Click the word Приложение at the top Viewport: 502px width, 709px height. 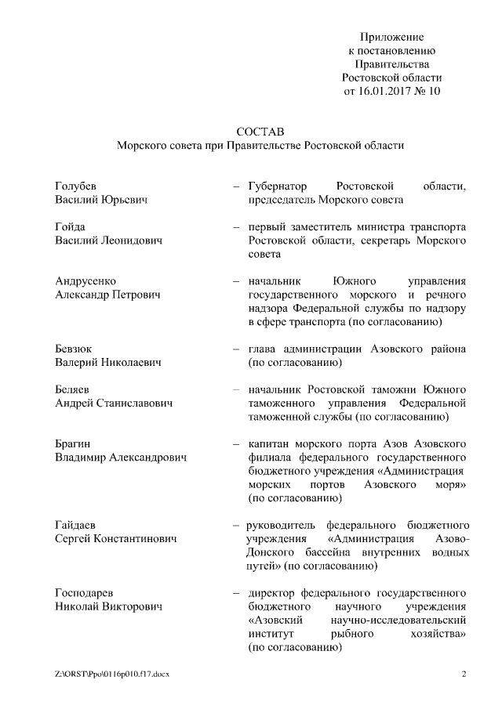392,37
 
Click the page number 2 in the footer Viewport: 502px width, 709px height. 464,674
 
